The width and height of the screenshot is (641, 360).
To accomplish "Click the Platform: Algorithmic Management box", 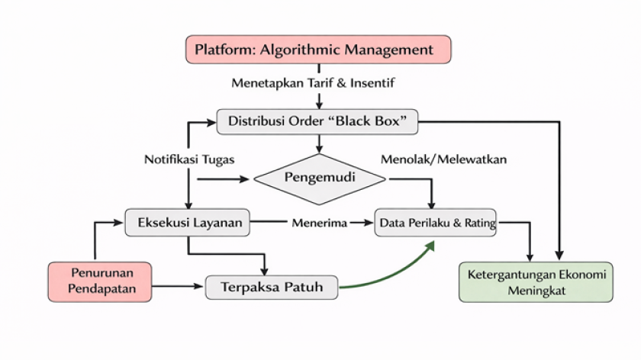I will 319,50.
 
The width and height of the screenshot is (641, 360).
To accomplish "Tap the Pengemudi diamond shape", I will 320,178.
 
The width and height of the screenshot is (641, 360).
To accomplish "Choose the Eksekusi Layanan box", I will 188,223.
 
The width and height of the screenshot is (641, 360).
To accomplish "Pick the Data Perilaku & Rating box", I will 436,223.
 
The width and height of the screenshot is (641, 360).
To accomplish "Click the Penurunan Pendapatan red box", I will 98,280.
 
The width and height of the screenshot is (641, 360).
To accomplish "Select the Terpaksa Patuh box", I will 272,288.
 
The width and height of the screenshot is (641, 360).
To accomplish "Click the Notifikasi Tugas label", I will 188,159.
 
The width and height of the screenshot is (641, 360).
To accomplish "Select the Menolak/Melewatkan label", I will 443,159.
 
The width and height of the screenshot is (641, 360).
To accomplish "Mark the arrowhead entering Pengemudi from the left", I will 246,179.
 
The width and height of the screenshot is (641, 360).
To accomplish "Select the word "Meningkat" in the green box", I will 536,291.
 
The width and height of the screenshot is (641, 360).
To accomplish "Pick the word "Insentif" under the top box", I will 373,82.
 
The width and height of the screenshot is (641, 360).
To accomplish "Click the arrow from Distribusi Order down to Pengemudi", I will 320,143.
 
